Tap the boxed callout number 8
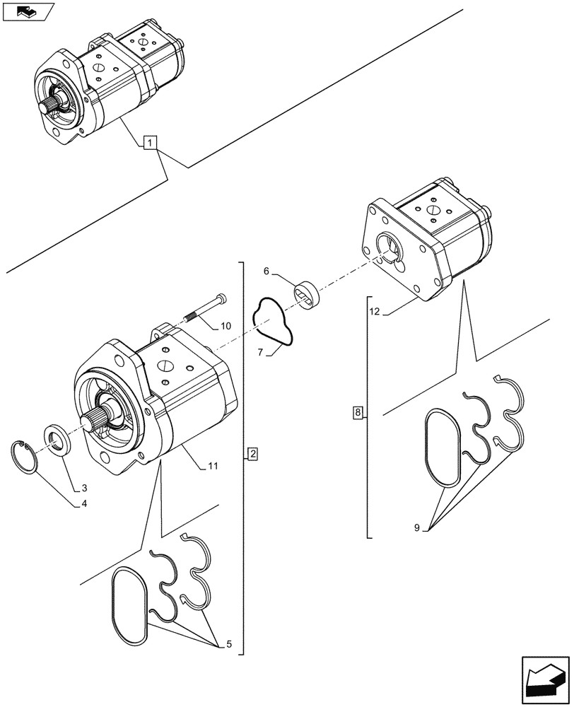[358, 412]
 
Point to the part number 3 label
[84, 488]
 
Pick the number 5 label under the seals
[266, 271]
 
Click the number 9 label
[225, 326]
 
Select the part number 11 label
[375, 311]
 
